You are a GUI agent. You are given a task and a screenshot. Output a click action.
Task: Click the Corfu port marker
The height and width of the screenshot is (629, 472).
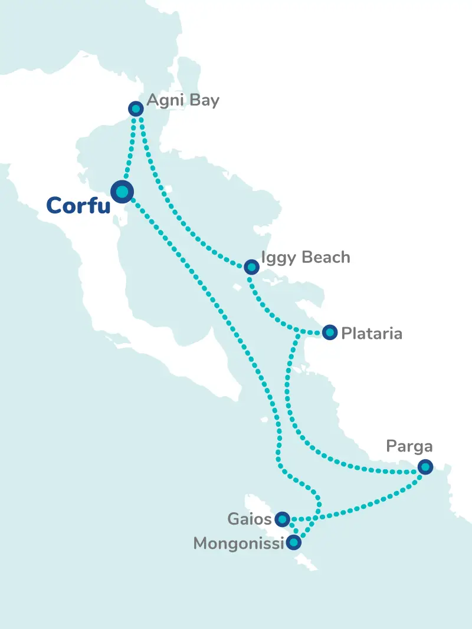pos(122,191)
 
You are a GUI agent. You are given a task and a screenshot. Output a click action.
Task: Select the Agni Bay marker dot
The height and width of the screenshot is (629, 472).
pos(136,109)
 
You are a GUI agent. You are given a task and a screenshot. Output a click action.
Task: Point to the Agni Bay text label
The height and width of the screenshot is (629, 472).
pos(182,101)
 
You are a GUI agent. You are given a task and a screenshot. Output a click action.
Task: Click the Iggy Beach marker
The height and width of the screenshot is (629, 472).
pos(251,267)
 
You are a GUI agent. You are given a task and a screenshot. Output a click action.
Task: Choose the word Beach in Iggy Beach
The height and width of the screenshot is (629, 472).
pos(326,258)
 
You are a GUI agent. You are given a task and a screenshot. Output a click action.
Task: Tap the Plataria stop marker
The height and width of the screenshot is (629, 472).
pos(330,333)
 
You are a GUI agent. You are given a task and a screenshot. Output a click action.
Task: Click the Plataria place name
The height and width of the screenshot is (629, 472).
pos(372,334)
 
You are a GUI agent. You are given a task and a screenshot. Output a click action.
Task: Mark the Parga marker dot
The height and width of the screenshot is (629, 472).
pos(425,467)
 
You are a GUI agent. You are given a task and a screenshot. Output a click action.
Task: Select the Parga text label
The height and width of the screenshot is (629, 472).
pos(409,446)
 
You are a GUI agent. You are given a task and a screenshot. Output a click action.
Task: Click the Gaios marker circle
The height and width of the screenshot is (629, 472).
pos(283,519)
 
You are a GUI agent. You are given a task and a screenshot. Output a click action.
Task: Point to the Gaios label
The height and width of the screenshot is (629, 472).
pos(250,519)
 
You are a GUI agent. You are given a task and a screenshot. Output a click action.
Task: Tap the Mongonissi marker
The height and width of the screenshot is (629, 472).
pos(293,542)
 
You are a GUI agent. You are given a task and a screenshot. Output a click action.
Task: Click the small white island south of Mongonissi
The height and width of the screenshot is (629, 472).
pos(307,563)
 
